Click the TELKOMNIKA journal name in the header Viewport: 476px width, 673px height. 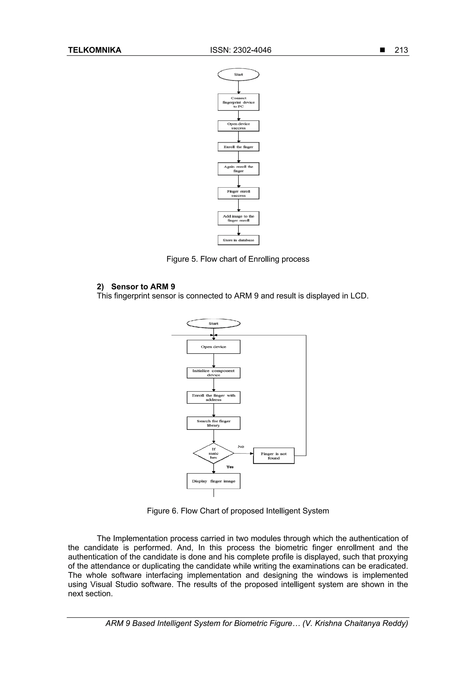(x=94, y=50)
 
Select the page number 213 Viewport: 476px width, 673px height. (x=401, y=50)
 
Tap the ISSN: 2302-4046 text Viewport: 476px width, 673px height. (x=241, y=50)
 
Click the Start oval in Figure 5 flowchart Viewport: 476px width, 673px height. (x=238, y=74)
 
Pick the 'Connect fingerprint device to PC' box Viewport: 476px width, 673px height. (x=238, y=102)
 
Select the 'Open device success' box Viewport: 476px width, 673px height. (x=238, y=126)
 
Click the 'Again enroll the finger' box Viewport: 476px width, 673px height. (x=238, y=169)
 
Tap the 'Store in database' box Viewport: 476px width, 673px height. (x=238, y=240)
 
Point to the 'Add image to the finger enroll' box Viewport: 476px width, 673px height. (x=238, y=218)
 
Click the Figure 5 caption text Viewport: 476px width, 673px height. (x=238, y=259)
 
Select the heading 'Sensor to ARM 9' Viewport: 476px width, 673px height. (x=143, y=287)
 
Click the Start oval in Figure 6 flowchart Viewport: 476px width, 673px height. (x=214, y=324)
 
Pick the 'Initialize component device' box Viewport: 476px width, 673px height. (x=214, y=373)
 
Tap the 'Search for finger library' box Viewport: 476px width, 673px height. (x=214, y=423)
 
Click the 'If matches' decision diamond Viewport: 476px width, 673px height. (x=214, y=453)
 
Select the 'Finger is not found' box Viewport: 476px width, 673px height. (x=274, y=456)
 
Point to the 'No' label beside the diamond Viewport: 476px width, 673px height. (x=241, y=447)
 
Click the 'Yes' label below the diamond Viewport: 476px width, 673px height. (x=230, y=467)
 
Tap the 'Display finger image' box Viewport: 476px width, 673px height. (x=214, y=481)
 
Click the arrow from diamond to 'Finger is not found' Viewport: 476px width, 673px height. (x=243, y=453)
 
